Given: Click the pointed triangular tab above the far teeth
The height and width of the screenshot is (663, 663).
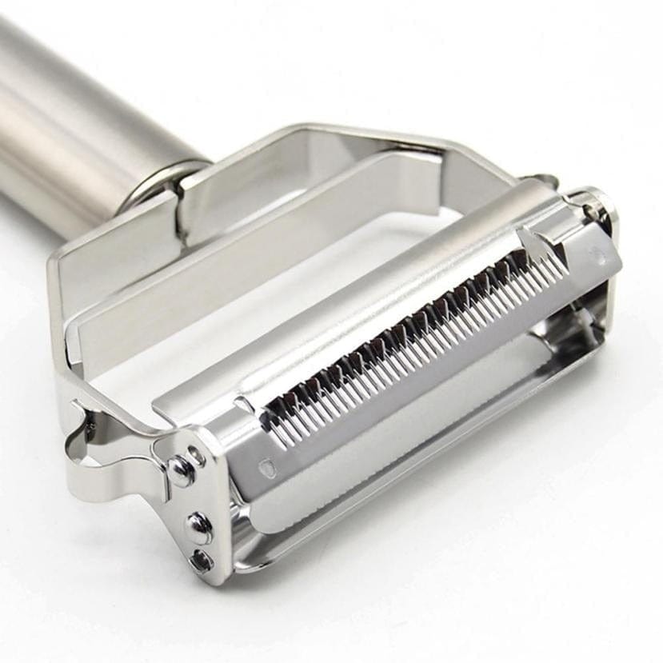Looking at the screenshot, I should pyautogui.click(x=532, y=240).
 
